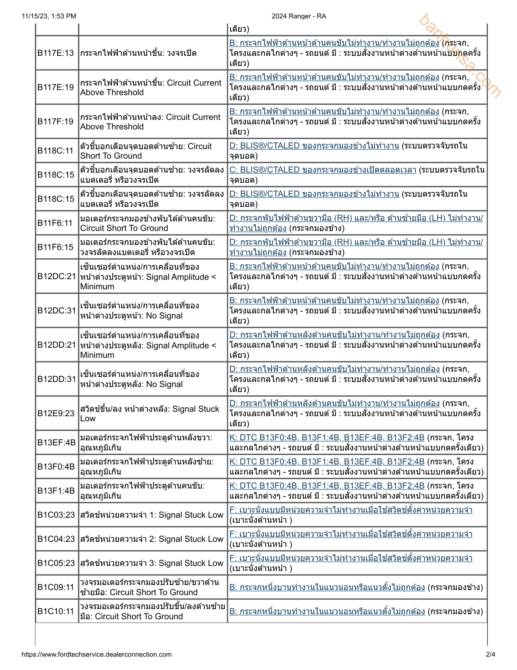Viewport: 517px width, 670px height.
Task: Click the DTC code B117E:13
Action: click(56, 53)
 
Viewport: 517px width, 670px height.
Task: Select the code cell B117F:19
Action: click(56, 122)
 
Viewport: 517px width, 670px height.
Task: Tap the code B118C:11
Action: click(56, 151)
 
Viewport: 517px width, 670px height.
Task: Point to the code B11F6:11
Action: click(55, 223)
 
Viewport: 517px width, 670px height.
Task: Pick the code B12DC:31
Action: click(57, 311)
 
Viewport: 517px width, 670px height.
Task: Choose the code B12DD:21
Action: click(57, 345)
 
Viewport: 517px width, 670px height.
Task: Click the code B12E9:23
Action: click(56, 414)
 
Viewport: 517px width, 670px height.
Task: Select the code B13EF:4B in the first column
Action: click(57, 443)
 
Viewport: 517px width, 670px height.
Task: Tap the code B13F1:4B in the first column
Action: click(56, 491)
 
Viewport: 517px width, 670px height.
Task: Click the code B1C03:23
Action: click(56, 515)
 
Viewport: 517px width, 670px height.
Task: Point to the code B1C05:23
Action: click(56, 563)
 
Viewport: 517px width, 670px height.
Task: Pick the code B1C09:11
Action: click(56, 588)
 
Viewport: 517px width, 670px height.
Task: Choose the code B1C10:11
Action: click(56, 612)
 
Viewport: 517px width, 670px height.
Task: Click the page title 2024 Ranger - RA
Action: click(299, 16)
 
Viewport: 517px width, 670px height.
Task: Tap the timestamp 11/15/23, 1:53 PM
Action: click(49, 16)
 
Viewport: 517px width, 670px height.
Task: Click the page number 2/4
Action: click(490, 655)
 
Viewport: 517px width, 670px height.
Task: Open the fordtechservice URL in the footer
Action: click(96, 655)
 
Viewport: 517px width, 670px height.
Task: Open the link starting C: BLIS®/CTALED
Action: click(323, 170)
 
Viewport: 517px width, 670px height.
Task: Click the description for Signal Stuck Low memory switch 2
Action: click(152, 539)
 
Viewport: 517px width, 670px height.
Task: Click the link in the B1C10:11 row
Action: click(327, 612)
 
